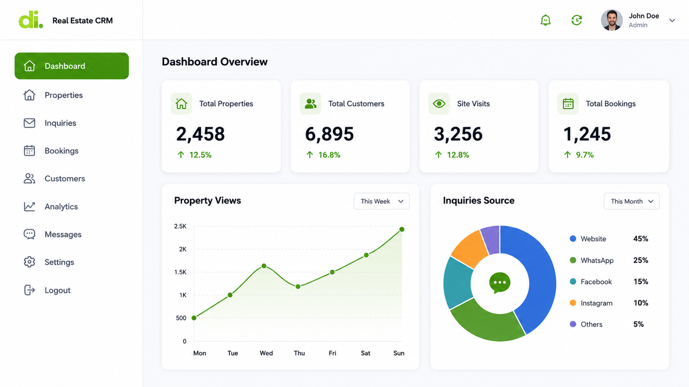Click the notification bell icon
click(x=545, y=20)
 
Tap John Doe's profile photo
click(x=612, y=20)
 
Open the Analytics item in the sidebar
click(x=61, y=206)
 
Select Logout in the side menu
click(x=57, y=290)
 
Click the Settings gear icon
click(x=29, y=262)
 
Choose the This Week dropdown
click(x=382, y=201)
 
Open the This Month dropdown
click(x=631, y=201)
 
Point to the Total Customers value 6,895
click(x=329, y=134)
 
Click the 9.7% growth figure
click(x=585, y=155)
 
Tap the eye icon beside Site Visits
click(x=439, y=104)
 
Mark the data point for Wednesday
click(x=264, y=266)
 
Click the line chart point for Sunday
click(x=402, y=230)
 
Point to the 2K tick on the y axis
click(x=183, y=249)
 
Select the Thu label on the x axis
click(x=299, y=353)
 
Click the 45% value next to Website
click(x=641, y=239)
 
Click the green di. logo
click(x=31, y=20)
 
